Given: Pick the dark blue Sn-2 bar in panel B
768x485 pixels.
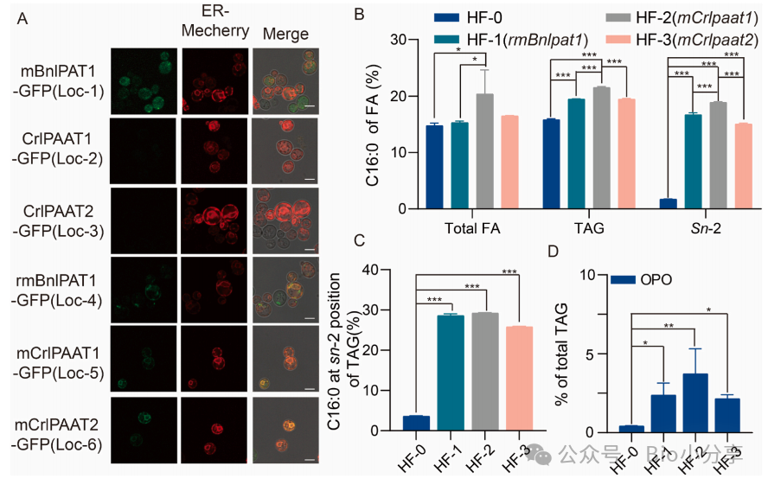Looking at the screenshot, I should point(666,203).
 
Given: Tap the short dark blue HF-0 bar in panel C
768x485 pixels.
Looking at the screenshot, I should point(416,423).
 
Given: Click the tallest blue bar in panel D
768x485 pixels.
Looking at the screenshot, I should point(695,402).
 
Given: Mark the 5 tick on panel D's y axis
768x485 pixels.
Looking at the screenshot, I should point(594,354).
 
